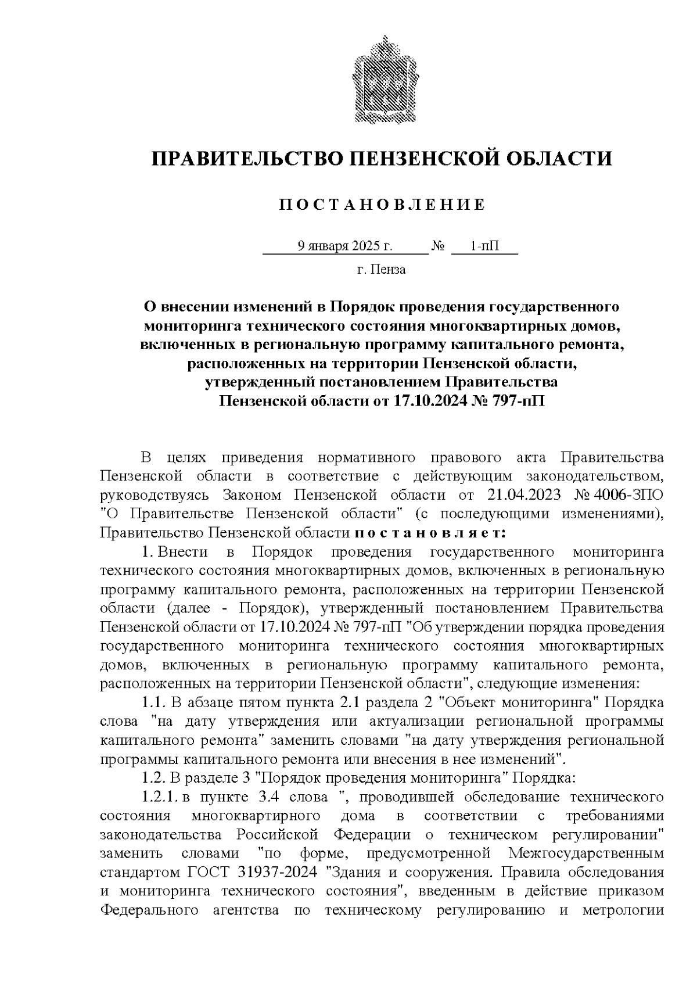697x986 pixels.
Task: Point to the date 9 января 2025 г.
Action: [x=345, y=246]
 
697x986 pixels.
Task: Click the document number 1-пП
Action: [x=484, y=246]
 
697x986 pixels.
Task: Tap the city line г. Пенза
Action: [x=381, y=270]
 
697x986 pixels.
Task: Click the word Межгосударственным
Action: [x=585, y=854]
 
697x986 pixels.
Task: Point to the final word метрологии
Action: [x=623, y=910]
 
